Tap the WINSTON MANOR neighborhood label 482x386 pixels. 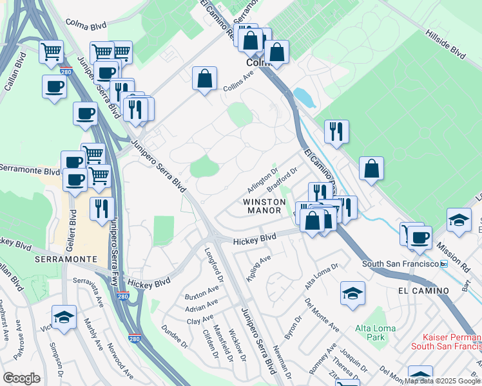(263, 206)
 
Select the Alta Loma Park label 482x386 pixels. (376, 333)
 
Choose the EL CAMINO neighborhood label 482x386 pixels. (423, 291)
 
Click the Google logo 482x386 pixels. (21, 378)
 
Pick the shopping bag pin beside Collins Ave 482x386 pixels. (204, 78)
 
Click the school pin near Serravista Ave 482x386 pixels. (64, 317)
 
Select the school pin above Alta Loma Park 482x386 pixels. (352, 293)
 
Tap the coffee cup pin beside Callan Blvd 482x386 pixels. (54, 86)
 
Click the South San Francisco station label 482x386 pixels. (400, 264)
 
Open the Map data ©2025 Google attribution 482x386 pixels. (442, 381)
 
